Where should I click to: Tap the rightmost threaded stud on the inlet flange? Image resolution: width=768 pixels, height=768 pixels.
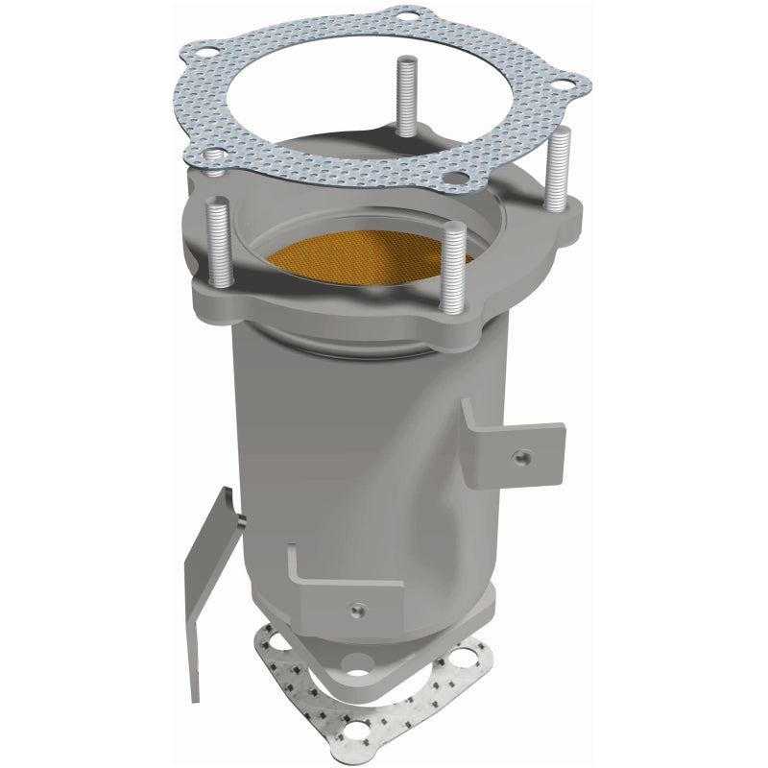pyautogui.click(x=558, y=173)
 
